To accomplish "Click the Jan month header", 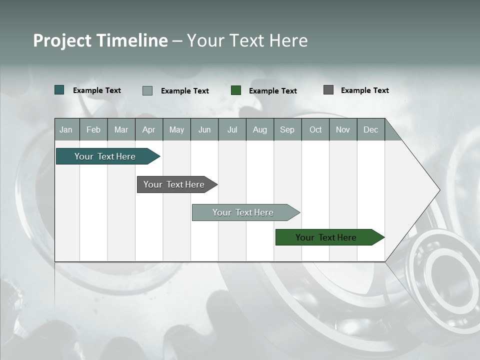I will click(66, 129).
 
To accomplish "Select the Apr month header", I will click(149, 129).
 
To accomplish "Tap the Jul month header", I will click(232, 129).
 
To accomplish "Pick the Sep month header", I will click(287, 129).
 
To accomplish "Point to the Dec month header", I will click(370, 129).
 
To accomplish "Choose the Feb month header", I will click(93, 129).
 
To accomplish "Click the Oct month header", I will click(315, 129).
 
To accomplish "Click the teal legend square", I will click(59, 90).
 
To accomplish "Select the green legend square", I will click(236, 90).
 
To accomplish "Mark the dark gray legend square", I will click(328, 90).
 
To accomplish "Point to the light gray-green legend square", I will click(147, 90).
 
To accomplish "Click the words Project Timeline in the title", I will click(100, 40).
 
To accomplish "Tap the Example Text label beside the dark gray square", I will click(364, 90).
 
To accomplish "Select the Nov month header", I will click(343, 129).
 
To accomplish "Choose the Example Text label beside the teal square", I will click(97, 90).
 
